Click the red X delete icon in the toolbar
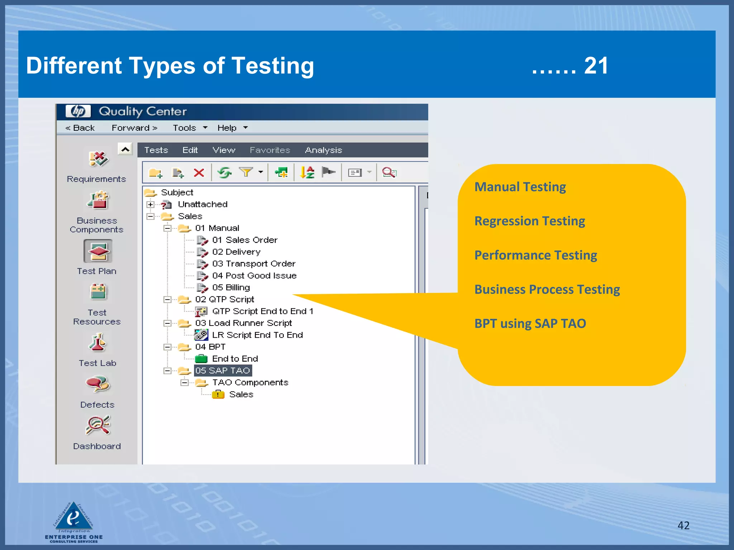click(199, 173)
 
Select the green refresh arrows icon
click(225, 173)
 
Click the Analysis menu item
click(323, 150)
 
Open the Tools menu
click(185, 128)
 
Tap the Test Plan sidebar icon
click(98, 251)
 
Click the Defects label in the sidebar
click(97, 405)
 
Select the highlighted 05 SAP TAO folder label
click(223, 371)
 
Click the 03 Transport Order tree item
click(253, 264)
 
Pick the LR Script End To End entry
click(257, 335)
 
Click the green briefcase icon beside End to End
click(201, 359)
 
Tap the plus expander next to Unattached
click(151, 204)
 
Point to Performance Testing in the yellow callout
click(535, 255)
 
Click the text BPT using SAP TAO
click(530, 324)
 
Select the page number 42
click(683, 525)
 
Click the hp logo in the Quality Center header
click(78, 111)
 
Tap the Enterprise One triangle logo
click(74, 517)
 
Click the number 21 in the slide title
click(596, 66)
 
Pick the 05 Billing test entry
click(231, 288)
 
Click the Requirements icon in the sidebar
click(98, 159)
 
